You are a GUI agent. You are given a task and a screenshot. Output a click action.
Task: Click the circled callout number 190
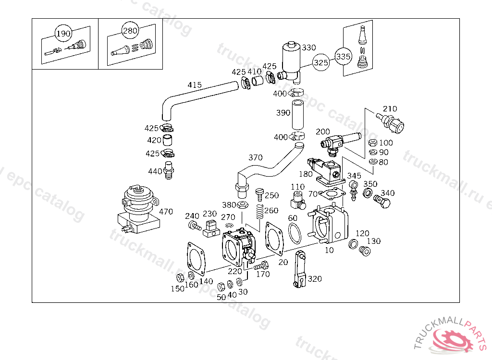point(63,34)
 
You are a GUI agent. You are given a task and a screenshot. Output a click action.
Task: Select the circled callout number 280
point(129,30)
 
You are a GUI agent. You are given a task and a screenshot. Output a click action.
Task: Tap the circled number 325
point(321,62)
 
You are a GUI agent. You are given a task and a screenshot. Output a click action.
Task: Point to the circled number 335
point(343,56)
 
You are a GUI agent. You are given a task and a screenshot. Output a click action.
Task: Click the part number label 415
point(195,85)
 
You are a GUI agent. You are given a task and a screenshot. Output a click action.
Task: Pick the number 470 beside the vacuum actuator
point(166,211)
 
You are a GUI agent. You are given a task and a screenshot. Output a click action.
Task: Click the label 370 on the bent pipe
point(256,157)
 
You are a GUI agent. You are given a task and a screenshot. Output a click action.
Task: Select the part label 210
point(390,108)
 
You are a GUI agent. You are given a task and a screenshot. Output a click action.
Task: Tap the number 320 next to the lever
point(315,279)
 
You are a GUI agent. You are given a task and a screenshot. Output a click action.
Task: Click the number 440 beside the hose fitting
point(155,171)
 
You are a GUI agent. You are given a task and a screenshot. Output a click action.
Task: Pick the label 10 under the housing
point(329,250)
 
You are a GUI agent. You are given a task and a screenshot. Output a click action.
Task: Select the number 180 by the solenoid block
point(306,174)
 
